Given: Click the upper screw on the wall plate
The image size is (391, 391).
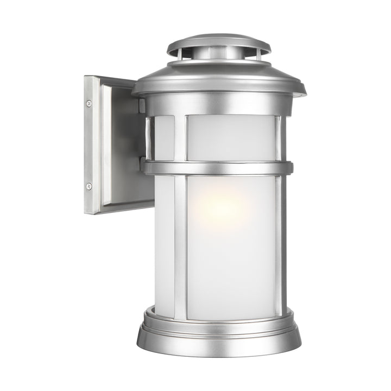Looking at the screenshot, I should click(89, 103).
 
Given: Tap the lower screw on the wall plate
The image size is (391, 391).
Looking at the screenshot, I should click(89, 186).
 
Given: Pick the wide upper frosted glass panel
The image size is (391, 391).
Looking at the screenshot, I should click(230, 138).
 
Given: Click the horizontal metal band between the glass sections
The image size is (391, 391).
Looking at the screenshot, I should click(217, 167).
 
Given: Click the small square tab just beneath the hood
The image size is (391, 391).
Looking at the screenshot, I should click(142, 105).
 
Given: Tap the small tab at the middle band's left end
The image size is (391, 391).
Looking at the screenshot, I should click(143, 163).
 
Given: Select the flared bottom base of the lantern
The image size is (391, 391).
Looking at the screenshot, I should click(217, 337).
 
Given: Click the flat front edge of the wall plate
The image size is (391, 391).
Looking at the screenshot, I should click(91, 144).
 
